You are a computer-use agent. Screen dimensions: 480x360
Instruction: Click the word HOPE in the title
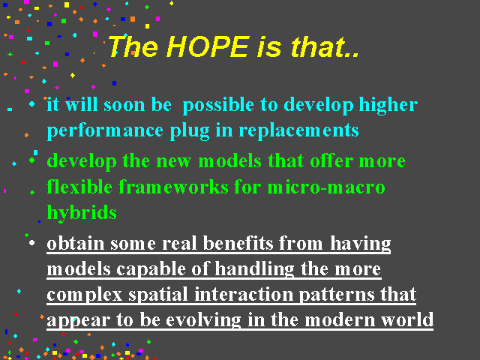(x=208, y=46)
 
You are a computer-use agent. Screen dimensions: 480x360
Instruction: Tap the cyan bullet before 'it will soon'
(x=31, y=104)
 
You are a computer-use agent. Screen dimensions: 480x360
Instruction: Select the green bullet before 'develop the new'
(x=31, y=160)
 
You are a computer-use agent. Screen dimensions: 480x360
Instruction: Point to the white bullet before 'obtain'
(x=31, y=243)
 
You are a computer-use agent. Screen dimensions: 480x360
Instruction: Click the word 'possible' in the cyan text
(x=218, y=106)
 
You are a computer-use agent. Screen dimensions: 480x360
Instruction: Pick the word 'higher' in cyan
(x=388, y=106)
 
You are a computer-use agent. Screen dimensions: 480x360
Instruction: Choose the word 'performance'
(x=105, y=131)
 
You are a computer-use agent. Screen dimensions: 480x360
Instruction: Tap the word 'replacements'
(x=298, y=130)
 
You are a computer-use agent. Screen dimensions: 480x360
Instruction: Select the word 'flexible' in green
(x=79, y=187)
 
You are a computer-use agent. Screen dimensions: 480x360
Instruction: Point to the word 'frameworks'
(x=173, y=187)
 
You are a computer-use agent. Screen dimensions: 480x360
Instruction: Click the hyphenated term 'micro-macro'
(x=326, y=187)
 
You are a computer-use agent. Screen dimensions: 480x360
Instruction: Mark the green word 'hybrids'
(x=82, y=213)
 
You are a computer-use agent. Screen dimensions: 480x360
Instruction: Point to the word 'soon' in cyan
(x=124, y=106)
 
